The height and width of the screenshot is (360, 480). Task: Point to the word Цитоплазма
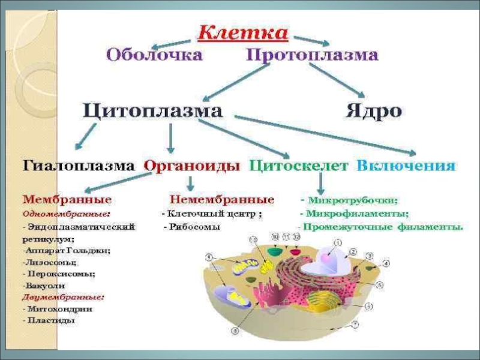152,111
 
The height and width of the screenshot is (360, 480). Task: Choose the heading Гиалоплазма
78,166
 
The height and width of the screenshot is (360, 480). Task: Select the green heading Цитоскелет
298,166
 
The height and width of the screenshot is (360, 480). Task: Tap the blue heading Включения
406,166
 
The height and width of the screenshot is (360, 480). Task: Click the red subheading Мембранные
67,199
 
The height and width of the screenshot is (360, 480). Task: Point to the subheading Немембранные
222,199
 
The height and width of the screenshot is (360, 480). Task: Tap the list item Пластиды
50,320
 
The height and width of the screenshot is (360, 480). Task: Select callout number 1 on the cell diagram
337,243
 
